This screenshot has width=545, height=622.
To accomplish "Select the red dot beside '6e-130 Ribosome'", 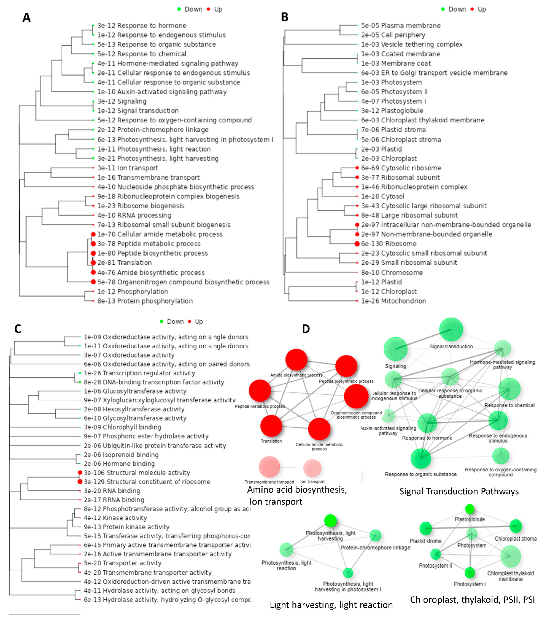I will (357, 244).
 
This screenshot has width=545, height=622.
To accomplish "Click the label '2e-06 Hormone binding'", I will (119, 464).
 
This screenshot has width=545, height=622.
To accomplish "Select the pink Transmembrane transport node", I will (269, 467).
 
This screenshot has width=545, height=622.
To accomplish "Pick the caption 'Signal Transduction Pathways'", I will (459, 491).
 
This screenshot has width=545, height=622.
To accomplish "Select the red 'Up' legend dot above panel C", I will (190, 321).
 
